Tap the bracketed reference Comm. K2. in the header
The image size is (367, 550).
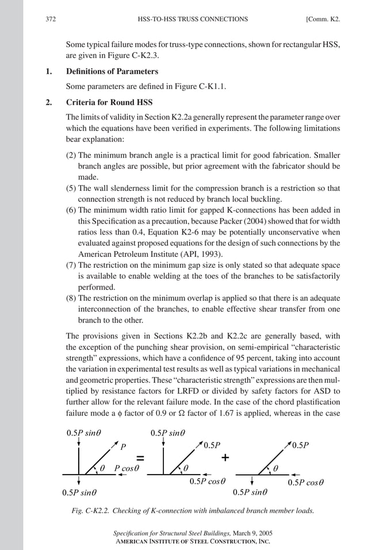(323, 19)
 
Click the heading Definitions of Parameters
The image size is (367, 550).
(112, 72)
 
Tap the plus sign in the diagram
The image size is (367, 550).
(225, 458)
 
